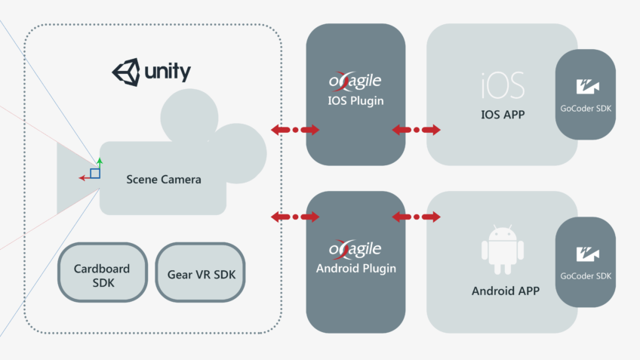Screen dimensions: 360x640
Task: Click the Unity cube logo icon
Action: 126,72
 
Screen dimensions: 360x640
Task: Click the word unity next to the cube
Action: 166,72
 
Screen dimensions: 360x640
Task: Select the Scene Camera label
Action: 164,180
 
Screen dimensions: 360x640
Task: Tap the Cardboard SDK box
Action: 102,274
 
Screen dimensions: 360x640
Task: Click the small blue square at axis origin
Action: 94,174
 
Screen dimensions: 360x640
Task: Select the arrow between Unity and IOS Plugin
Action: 295,130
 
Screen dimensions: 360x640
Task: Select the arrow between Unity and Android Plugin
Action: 295,217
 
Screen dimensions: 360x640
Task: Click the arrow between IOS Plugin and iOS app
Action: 416,130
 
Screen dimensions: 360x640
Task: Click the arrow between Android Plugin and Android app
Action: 416,217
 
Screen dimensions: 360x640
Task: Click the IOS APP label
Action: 503,115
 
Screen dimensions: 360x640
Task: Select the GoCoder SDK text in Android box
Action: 586,276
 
